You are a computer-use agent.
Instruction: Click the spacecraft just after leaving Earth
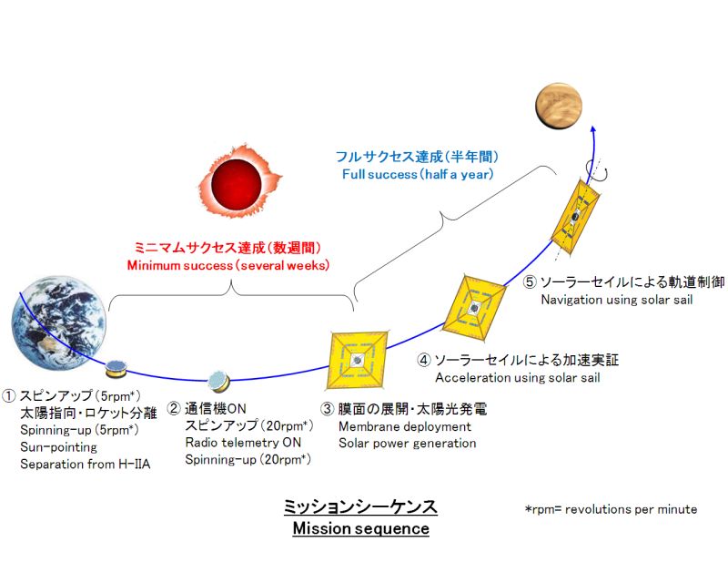pos(116,369)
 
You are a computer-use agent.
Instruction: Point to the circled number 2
pos(174,409)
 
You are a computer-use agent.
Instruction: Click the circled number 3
pos(328,409)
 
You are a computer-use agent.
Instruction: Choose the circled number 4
pos(424,360)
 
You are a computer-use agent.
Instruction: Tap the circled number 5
pos(530,281)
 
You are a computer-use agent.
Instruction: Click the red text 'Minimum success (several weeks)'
pos(227,265)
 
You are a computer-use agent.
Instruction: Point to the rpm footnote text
pos(611,509)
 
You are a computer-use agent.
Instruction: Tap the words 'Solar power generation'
pos(407,444)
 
